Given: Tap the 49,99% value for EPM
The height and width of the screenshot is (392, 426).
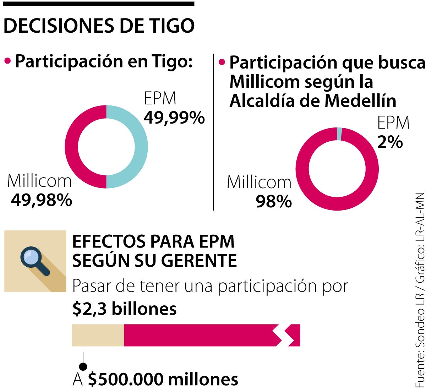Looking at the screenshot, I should [x=174, y=118].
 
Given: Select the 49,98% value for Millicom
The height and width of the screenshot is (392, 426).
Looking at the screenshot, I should [x=42, y=200].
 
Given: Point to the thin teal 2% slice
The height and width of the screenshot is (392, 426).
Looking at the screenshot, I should [x=340, y=134].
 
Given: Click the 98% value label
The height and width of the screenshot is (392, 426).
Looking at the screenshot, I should [x=274, y=202].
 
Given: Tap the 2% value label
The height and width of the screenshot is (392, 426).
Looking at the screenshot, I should [x=390, y=142].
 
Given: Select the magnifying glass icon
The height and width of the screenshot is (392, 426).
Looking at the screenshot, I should [x=34, y=261].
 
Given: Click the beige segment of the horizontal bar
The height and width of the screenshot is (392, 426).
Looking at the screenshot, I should [x=98, y=335].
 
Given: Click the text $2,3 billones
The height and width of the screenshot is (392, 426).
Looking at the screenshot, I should [x=124, y=309].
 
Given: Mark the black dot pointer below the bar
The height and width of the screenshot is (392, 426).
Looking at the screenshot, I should [x=83, y=366].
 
